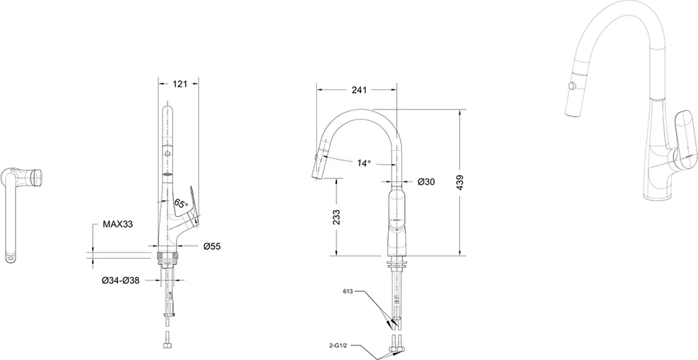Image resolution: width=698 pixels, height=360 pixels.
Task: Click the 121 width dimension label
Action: tap(179, 84)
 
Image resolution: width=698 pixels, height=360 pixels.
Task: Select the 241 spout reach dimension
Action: tap(359, 90)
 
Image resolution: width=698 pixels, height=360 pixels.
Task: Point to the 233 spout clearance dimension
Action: tap(336, 217)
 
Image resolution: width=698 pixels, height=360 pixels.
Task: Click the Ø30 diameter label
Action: tap(426, 181)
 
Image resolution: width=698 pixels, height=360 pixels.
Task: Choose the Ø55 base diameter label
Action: tap(212, 246)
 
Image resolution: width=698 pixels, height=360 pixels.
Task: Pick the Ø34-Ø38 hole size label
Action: tap(121, 280)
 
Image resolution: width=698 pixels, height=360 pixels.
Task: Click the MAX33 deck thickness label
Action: tap(118, 224)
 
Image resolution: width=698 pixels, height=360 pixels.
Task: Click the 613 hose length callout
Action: tap(348, 292)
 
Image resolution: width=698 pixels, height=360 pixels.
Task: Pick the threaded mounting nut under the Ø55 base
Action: tap(168, 257)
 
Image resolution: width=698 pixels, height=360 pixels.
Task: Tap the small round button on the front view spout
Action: tap(168, 153)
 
